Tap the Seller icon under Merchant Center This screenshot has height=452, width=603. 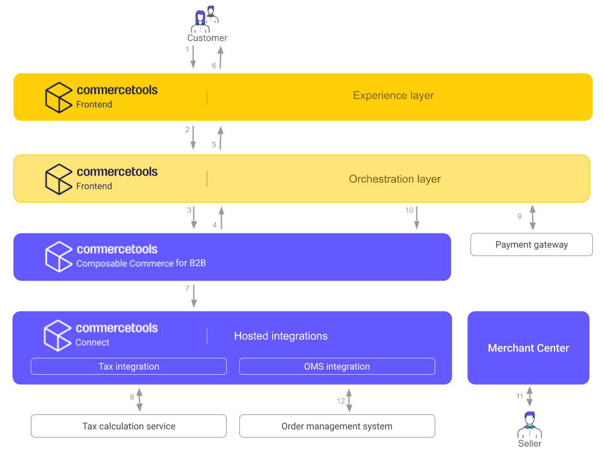click(530, 425)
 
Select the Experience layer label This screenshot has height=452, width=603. click(393, 96)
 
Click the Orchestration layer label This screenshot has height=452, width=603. click(394, 179)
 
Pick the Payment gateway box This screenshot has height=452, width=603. click(531, 245)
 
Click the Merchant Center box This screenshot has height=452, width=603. click(528, 348)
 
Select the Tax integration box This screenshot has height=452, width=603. click(129, 367)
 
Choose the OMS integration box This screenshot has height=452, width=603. click(337, 367)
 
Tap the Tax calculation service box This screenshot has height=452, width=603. click(129, 426)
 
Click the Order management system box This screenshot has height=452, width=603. click(337, 426)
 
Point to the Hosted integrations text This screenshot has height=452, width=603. click(281, 336)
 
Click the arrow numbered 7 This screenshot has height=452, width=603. click(193, 296)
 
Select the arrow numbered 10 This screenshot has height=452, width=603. click(418, 218)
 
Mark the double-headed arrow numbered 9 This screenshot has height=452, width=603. click(533, 217)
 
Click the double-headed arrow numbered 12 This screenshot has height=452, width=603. click(349, 400)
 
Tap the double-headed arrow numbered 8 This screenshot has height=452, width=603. click(139, 399)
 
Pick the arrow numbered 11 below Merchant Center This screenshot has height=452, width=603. click(530, 397)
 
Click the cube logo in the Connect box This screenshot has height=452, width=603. click(58, 335)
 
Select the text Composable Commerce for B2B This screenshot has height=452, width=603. click(141, 264)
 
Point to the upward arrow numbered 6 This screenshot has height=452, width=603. click(220, 57)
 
